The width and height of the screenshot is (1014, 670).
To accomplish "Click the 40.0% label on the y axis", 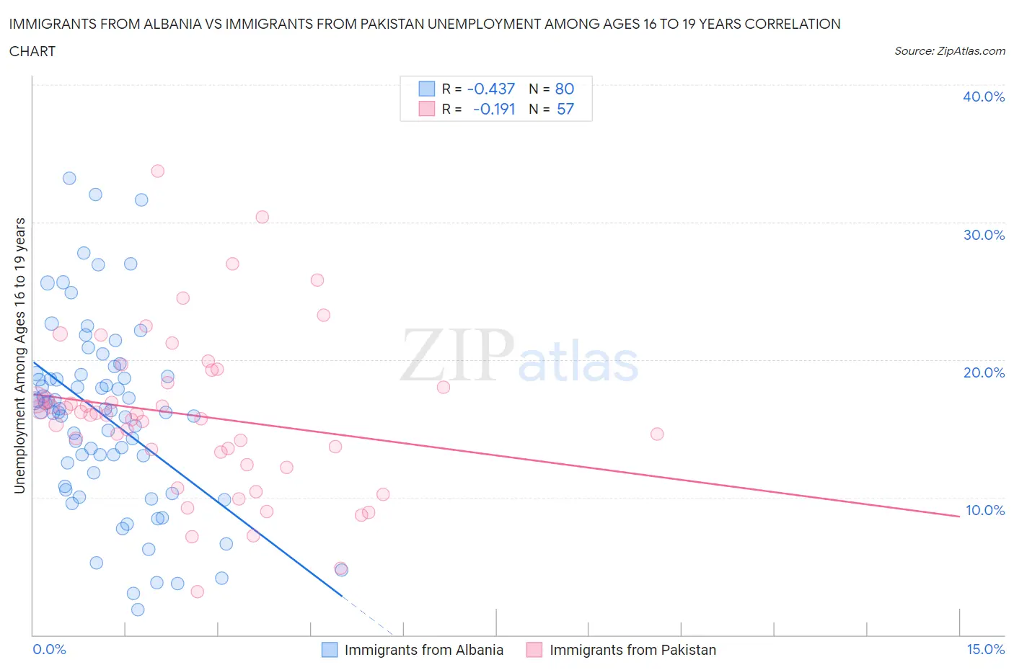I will point(983,97).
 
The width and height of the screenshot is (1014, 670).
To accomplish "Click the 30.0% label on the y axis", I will point(983,235).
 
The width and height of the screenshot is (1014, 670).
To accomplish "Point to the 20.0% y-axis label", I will point(983,372).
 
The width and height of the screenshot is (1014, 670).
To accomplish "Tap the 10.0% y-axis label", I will point(984,510).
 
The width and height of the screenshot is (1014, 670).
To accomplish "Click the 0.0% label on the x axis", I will point(49,649).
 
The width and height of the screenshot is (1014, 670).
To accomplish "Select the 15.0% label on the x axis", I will point(985,649).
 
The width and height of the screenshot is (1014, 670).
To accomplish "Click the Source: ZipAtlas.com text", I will point(949,50).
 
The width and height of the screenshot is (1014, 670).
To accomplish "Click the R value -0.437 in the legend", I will point(491,89).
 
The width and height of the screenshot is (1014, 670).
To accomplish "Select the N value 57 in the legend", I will point(565,109).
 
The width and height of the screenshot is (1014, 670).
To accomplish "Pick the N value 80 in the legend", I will point(564,89).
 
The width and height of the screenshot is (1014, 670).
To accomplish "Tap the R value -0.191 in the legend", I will point(494,109).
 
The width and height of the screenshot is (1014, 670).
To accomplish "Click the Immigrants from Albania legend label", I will point(423,650).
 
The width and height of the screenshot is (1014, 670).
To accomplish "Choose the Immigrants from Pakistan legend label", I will point(632,650).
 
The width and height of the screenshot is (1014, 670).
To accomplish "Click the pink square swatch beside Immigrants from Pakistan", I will point(534,650).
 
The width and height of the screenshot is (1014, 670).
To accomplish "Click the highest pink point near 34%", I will point(157,171).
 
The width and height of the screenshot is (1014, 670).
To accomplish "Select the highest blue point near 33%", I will point(69,178).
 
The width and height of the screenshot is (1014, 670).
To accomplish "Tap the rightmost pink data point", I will point(657,434).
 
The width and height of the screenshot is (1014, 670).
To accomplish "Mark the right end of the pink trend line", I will point(959,517).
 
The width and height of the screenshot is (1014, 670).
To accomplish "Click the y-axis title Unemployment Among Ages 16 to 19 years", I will point(20,355).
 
